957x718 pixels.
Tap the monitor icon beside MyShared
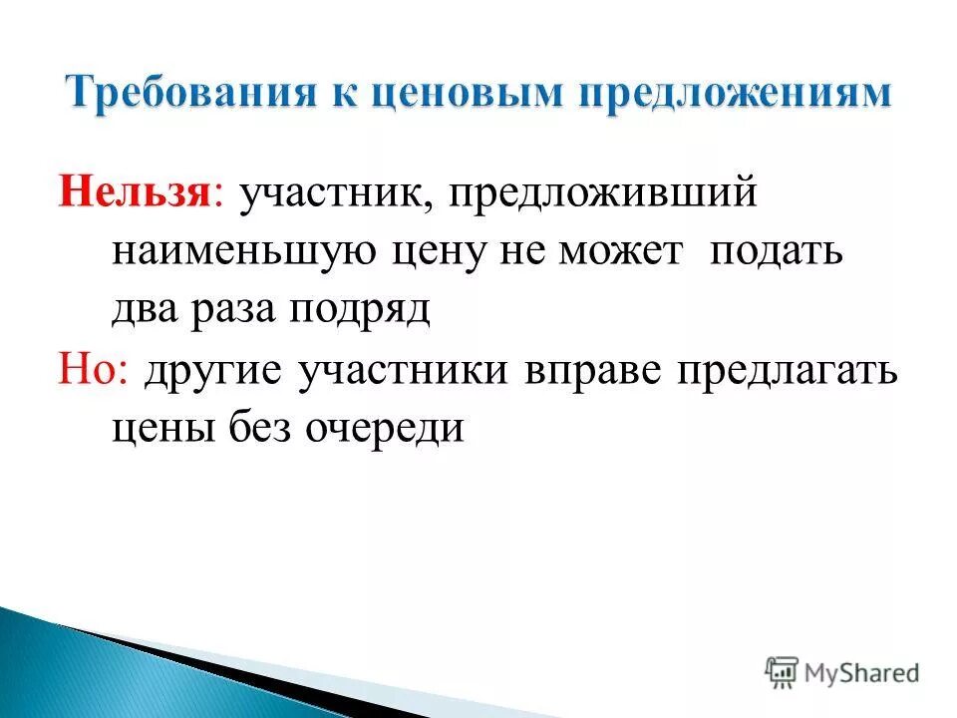click(783, 671)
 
